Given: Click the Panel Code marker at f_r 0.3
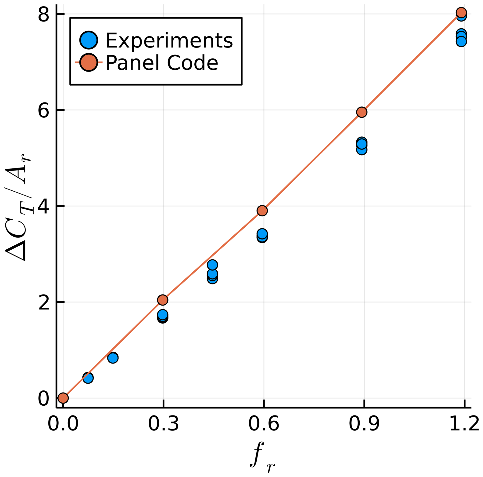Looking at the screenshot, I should (x=162, y=300).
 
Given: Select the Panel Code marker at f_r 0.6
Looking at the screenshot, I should (x=262, y=211).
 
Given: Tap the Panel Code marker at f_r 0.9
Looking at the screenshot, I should (x=361, y=112).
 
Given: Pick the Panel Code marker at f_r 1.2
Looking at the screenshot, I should (x=461, y=12).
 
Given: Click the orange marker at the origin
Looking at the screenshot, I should (x=63, y=398).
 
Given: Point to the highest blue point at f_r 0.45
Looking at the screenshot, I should (x=212, y=265).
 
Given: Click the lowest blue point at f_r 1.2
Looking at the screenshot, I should (x=461, y=41).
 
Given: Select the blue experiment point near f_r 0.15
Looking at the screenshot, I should (x=113, y=358).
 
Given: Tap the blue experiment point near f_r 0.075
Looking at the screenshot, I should (x=88, y=378).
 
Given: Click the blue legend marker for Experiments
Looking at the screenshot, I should (x=89, y=40).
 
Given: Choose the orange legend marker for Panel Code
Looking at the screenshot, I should (x=89, y=62).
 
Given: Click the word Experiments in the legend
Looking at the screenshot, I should (x=169, y=40).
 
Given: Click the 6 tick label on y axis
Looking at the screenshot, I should (x=43, y=112).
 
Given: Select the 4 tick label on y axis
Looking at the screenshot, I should (x=43, y=208).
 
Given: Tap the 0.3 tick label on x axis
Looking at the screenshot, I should (x=164, y=424).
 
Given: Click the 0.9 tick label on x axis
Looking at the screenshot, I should (x=364, y=424).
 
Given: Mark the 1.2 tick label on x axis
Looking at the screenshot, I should (x=464, y=424).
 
